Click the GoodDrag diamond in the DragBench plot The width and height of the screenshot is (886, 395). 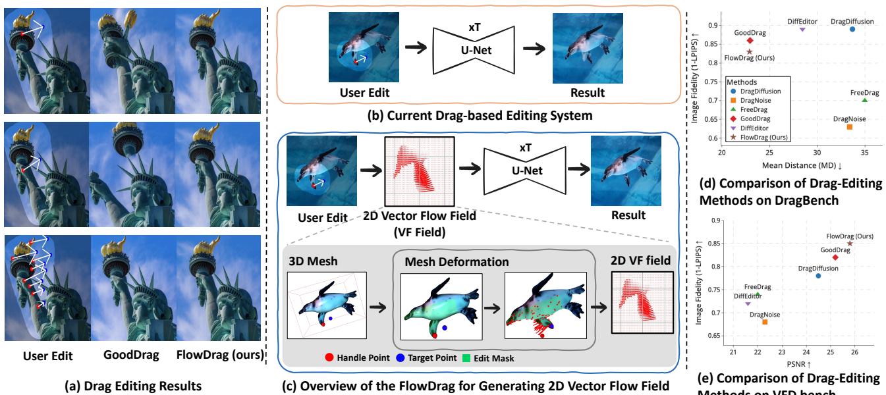tap(750, 40)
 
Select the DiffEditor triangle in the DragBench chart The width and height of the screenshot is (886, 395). tap(802, 29)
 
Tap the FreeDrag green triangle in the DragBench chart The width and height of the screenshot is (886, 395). tap(864, 99)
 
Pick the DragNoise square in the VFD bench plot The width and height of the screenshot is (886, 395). tap(765, 321)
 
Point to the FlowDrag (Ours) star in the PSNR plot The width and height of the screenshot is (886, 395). tap(850, 243)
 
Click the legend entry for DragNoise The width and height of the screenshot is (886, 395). tap(755, 101)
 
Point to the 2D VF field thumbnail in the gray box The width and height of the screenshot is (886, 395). tap(638, 304)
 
